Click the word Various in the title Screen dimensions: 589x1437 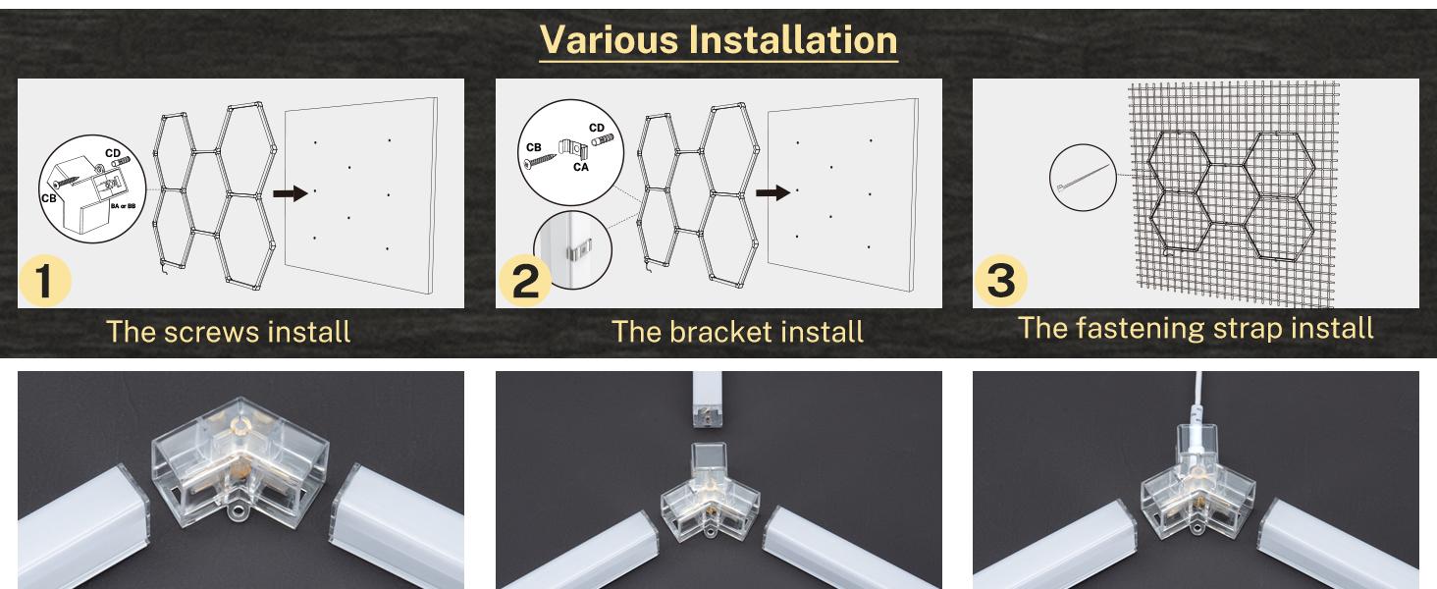tap(608, 39)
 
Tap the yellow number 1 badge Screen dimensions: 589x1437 tap(44, 282)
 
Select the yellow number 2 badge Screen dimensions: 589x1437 tap(524, 282)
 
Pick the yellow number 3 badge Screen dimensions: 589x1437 tap(1001, 282)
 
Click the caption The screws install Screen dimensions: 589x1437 tap(228, 331)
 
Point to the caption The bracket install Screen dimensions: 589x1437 tap(737, 332)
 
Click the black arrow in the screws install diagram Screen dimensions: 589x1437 tap(290, 194)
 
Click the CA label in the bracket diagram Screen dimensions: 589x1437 tap(581, 168)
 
